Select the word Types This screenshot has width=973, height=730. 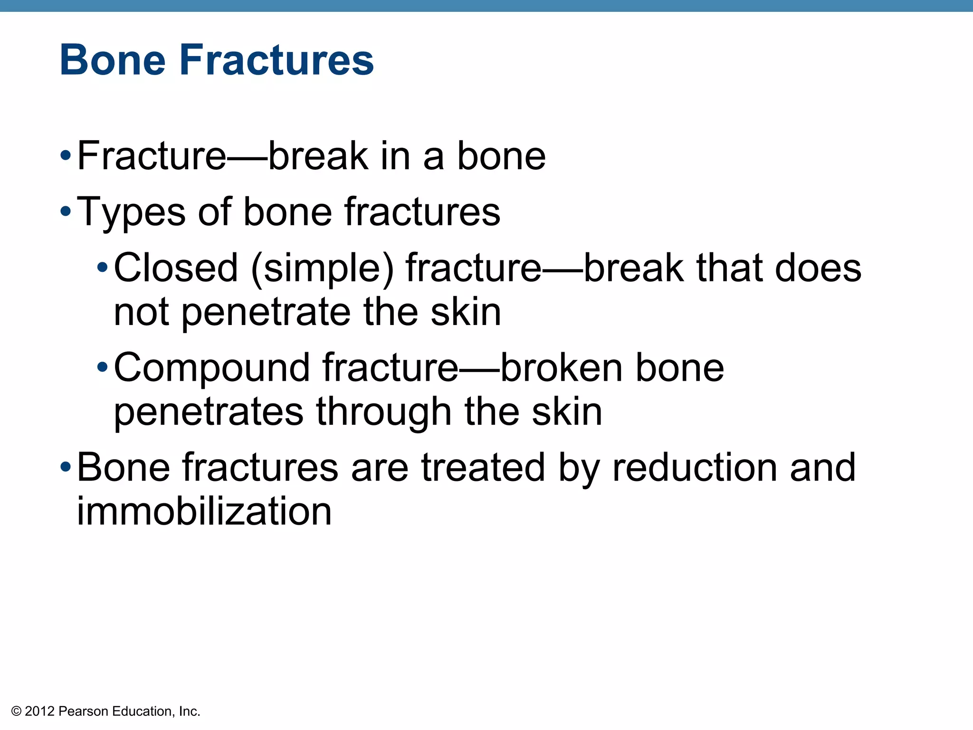131,212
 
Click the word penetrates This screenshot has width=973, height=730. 209,413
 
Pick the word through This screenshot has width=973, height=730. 384,413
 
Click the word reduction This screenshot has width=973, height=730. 694,468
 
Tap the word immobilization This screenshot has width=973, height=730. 204,511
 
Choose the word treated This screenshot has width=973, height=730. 483,468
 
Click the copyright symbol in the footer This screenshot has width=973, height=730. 17,711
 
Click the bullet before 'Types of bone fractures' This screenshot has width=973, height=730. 66,211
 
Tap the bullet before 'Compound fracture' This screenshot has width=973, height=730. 102,367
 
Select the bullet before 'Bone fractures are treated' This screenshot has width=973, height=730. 66,467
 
